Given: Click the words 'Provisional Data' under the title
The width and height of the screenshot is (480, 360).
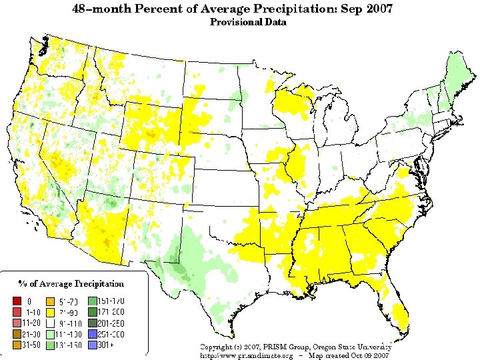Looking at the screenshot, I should pyautogui.click(x=248, y=22).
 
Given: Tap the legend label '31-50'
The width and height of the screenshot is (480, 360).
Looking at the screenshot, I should pyautogui.click(x=31, y=345).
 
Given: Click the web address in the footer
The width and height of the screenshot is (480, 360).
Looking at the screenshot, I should pyautogui.click(x=247, y=356).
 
